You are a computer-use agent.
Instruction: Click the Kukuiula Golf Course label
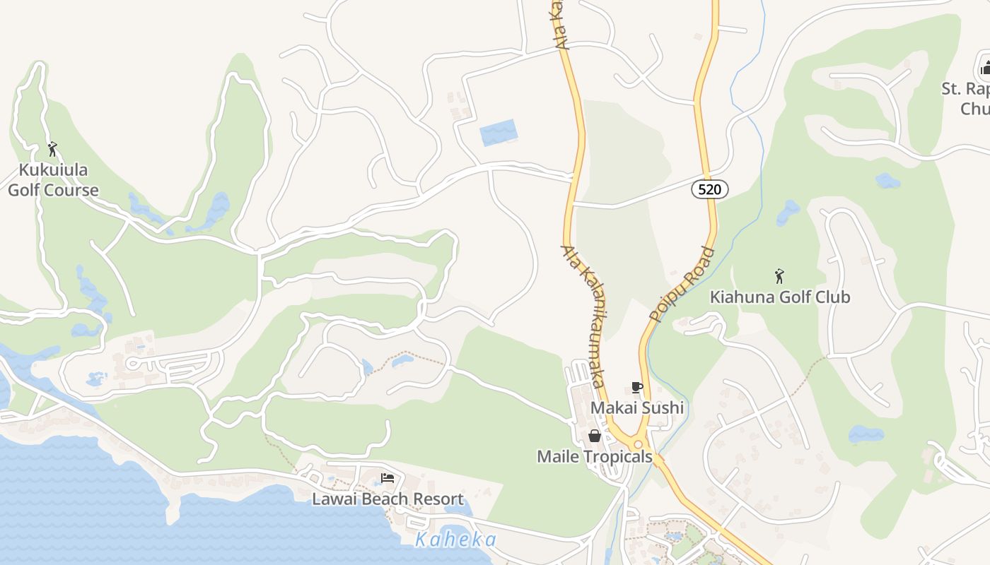pos(53,180)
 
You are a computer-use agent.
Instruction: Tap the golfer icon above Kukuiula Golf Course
pos(52,149)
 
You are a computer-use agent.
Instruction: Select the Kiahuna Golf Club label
pos(780,297)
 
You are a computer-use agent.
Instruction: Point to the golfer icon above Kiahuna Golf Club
pos(779,275)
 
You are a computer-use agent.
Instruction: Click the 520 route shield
pos(709,189)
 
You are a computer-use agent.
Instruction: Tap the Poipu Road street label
pos(682,284)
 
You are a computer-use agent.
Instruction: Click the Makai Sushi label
pos(636,408)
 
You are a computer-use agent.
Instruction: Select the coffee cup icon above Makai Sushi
pos(636,387)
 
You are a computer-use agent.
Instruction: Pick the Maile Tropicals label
pos(594,456)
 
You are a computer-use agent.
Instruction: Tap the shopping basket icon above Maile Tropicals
pos(595,436)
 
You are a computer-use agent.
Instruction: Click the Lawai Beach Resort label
pos(388,499)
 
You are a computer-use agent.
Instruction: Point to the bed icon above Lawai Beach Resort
pos(388,478)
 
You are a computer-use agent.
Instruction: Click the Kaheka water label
pos(455,540)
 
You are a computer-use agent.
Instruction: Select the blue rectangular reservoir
pos(499,133)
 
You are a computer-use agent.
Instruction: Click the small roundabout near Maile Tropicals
pos(638,444)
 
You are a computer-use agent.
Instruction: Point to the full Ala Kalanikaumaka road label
pos(584,316)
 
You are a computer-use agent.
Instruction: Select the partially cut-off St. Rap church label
pos(965,99)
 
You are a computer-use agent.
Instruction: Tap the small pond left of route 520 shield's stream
pos(787,211)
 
